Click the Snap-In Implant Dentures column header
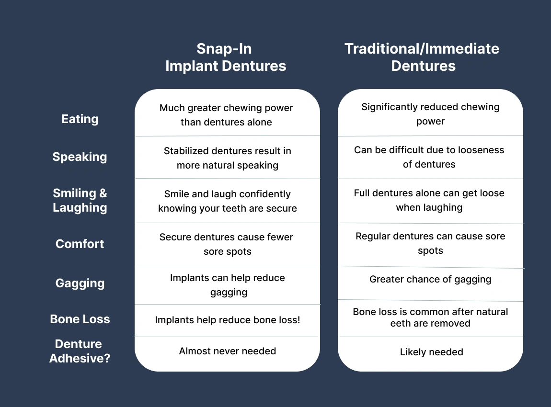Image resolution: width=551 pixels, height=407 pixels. tap(226, 57)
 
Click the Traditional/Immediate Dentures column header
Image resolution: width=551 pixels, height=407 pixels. tap(422, 57)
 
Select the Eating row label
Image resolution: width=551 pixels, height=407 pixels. tap(80, 119)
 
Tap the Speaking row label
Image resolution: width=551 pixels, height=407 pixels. tap(80, 157)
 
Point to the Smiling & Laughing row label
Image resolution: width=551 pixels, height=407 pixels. tap(80, 200)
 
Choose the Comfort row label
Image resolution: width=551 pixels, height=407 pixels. tap(80, 244)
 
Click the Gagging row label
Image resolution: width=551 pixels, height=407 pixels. tap(80, 283)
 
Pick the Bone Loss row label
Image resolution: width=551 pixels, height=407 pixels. tap(80, 319)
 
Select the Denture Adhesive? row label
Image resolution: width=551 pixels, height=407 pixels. tap(80, 351)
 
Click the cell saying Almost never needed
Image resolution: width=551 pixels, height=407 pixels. tap(228, 351)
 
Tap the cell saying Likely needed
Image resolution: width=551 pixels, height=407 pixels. tap(431, 352)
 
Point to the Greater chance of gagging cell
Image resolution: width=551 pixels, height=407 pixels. tap(430, 279)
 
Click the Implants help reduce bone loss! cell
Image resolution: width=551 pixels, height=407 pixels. tap(228, 319)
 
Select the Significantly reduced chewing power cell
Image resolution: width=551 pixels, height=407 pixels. tap(430, 114)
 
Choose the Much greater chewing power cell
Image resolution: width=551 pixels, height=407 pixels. tap(226, 115)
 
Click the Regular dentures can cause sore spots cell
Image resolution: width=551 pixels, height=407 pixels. tap(430, 243)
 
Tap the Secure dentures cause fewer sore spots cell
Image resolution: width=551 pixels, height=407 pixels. tap(227, 244)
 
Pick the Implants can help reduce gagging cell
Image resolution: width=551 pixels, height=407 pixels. tap(228, 285)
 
